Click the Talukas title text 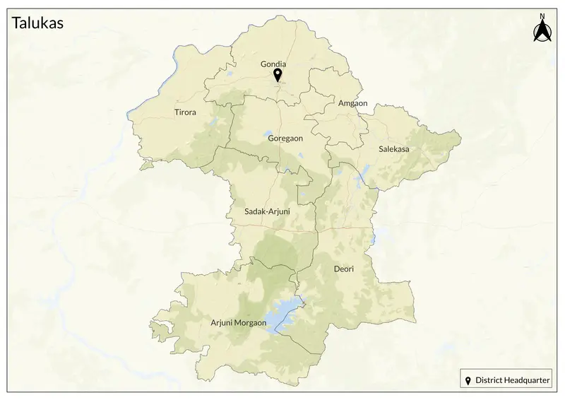(x=38, y=23)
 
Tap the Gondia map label (x=273, y=64)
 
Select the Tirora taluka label (x=185, y=112)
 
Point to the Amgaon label (x=353, y=103)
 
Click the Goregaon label (x=285, y=139)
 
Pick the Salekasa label (x=394, y=149)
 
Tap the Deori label (x=343, y=269)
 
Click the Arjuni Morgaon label (x=239, y=323)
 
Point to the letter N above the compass (x=542, y=16)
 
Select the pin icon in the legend (x=468, y=380)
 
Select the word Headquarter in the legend (x=525, y=380)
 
